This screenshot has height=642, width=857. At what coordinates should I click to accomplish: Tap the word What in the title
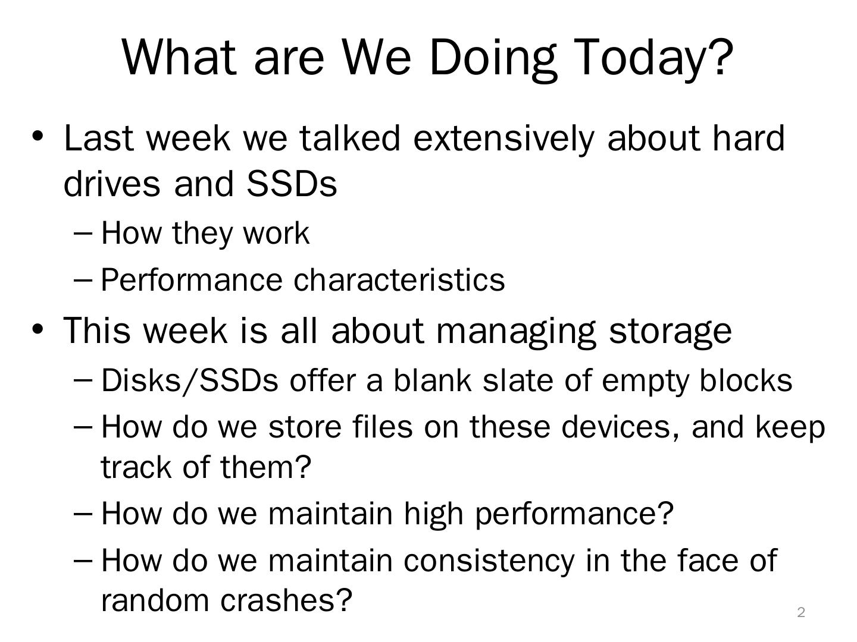[179, 57]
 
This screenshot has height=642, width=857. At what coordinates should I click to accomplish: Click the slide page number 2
[801, 612]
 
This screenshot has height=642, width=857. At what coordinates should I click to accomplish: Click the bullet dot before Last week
[38, 136]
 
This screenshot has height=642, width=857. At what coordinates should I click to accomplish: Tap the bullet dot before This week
[38, 329]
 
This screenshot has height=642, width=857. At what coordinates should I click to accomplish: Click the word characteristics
[399, 280]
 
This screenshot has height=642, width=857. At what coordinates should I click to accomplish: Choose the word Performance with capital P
[191, 280]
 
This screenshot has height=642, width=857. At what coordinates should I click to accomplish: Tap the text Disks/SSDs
[190, 381]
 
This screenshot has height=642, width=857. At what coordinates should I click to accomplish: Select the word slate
[518, 380]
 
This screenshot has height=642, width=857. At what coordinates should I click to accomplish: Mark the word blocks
[746, 380]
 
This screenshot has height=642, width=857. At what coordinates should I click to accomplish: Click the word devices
[621, 427]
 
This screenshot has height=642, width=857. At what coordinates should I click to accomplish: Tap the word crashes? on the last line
[286, 600]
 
